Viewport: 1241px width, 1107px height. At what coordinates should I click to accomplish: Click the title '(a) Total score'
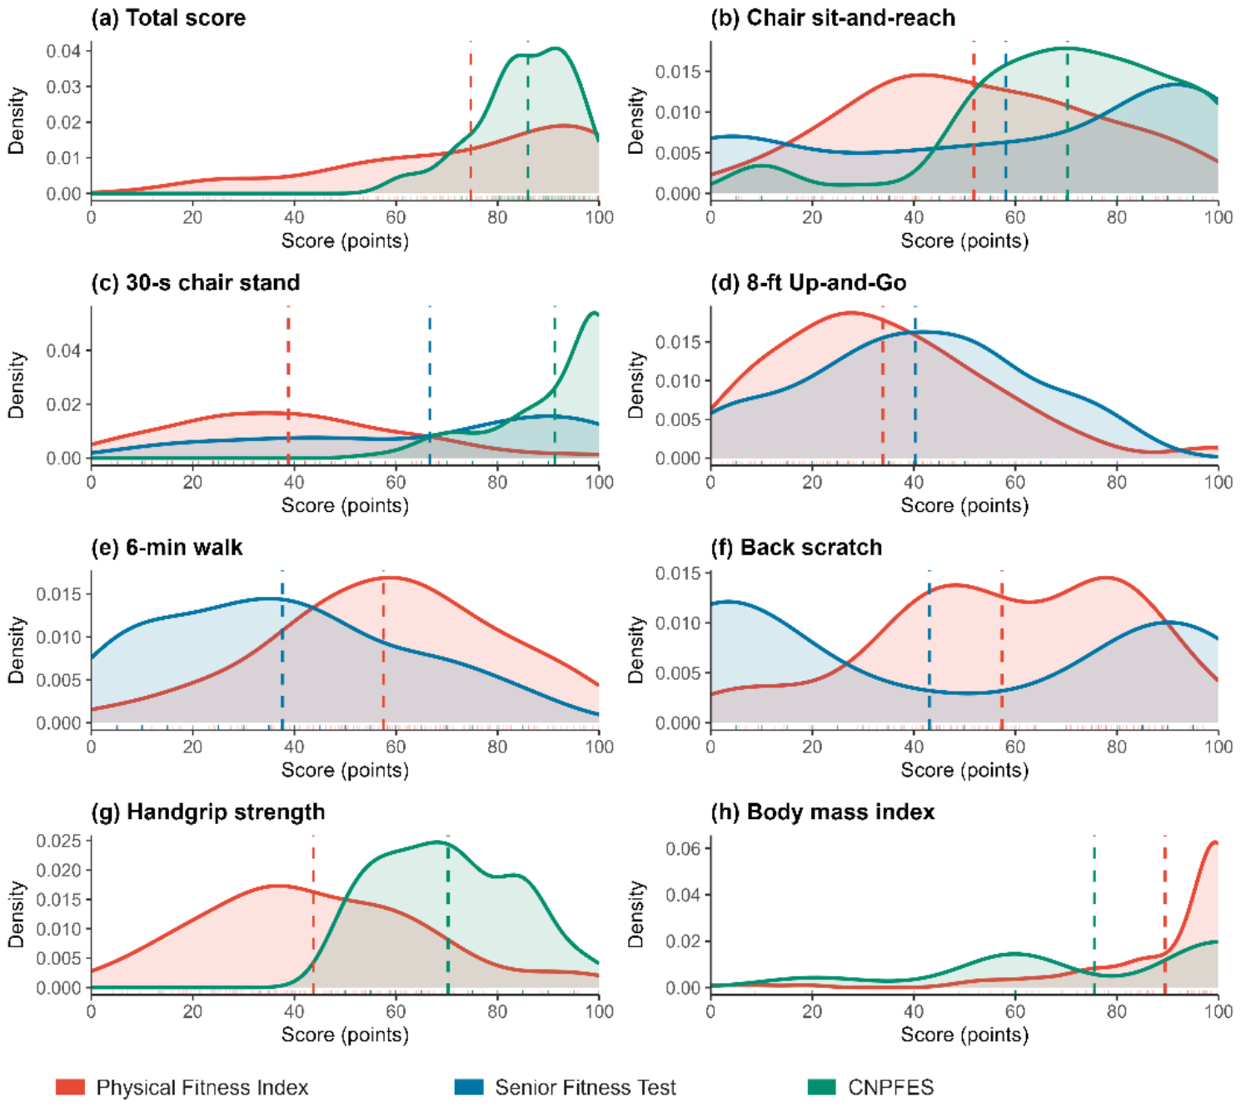pos(168,17)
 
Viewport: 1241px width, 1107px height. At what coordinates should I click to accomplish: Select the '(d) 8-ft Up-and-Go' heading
pos(808,282)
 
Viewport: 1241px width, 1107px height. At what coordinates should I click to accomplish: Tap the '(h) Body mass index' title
pos(822,812)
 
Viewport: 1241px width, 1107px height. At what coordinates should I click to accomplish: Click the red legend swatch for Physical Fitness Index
pos(70,1087)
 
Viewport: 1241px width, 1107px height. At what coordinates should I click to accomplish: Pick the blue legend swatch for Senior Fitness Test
pos(469,1087)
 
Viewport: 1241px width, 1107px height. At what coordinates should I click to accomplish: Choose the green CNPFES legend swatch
pos(821,1087)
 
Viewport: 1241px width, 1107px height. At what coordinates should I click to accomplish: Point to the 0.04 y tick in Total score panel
pos(63,51)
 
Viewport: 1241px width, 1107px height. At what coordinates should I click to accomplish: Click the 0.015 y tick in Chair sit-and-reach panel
pos(677,72)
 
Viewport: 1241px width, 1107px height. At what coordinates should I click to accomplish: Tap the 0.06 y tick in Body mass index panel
pos(683,849)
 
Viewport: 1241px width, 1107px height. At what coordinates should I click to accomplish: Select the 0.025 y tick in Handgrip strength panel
pos(59,841)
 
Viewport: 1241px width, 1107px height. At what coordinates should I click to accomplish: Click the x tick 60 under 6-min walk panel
pos(396,747)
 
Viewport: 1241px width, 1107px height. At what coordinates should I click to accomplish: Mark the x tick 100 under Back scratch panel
pos(1218,747)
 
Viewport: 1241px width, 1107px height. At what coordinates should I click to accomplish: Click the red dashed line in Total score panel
pos(471,121)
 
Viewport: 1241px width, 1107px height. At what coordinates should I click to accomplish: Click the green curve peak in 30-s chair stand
pos(594,314)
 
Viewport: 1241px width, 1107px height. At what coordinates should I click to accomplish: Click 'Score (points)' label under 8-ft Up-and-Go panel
pos(964,505)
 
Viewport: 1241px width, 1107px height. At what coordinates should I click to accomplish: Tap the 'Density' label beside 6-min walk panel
pos(17,649)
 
